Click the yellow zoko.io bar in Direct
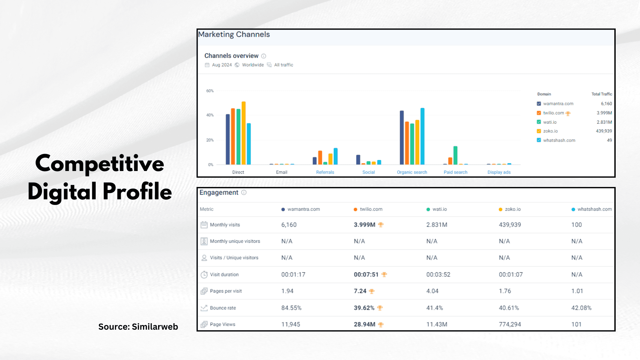coord(244,133)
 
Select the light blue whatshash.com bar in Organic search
coord(422,136)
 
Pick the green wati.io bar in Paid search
coord(455,155)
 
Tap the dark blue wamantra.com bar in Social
coord(358,160)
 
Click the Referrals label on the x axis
coord(325,172)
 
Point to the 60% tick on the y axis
coord(210,91)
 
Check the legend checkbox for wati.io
coord(539,122)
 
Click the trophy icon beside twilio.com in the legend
coord(568,113)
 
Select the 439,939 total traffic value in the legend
coord(604,131)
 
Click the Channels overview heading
coord(231,56)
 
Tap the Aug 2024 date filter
coord(222,65)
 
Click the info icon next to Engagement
coord(244,193)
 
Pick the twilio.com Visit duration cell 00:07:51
coord(366,275)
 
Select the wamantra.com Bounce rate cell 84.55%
coord(291,308)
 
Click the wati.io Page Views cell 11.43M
coord(437,324)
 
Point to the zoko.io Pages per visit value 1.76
coord(505,291)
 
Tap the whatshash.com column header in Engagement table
coord(594,209)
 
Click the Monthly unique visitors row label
coord(235,241)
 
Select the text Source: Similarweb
coord(138,327)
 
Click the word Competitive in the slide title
coord(100,164)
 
